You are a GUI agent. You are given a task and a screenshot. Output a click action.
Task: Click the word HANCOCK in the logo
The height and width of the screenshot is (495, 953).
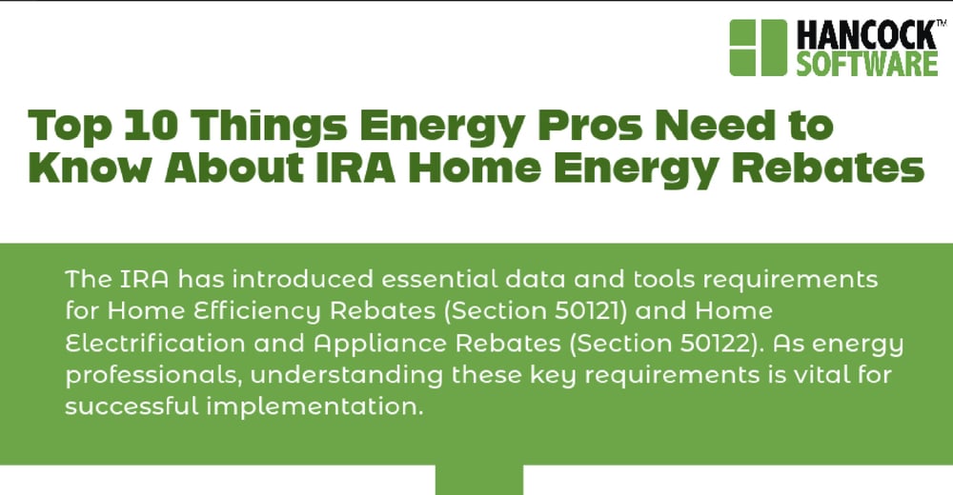pyautogui.click(x=866, y=35)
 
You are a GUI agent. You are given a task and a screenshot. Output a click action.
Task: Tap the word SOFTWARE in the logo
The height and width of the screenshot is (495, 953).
pyautogui.click(x=867, y=64)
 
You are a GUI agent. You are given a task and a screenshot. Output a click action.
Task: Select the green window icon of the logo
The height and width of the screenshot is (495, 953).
pyautogui.click(x=758, y=48)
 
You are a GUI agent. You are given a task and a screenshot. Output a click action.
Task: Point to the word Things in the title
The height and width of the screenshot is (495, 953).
pyautogui.click(x=270, y=128)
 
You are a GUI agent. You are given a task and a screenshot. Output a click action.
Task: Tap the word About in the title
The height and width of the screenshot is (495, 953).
pyautogui.click(x=234, y=168)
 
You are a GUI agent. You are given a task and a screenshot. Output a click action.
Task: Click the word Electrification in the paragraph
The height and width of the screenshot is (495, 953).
pyautogui.click(x=155, y=343)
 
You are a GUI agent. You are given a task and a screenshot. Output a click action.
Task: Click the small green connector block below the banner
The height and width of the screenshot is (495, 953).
pyautogui.click(x=479, y=480)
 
